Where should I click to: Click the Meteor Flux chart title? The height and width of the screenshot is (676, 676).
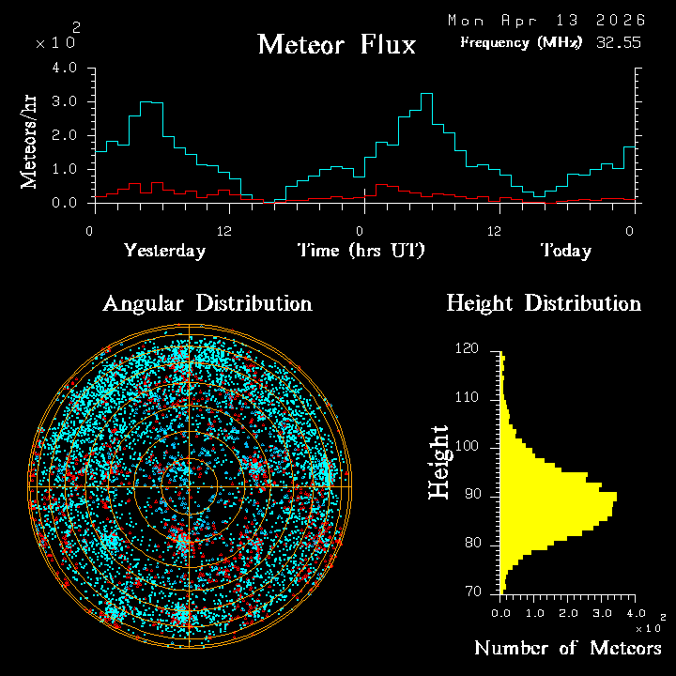pos(336,44)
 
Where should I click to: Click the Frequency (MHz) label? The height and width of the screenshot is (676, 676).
pos(521,42)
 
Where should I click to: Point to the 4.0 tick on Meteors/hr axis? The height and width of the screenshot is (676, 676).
pos(65,69)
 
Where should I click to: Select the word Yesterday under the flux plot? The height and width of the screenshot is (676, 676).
pos(164,251)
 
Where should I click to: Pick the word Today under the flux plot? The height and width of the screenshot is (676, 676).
pos(565,251)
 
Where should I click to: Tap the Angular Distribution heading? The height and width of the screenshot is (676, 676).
pos(207,303)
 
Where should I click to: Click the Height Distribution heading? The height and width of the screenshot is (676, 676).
pos(544,303)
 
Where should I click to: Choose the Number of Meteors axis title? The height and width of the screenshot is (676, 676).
pos(568,649)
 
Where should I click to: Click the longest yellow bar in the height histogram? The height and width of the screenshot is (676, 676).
pos(559,495)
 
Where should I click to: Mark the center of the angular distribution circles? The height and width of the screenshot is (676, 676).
pos(189,487)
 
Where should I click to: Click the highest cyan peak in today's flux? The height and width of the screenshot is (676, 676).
pos(426,94)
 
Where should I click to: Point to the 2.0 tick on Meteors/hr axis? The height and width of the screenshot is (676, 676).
pos(65,136)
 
